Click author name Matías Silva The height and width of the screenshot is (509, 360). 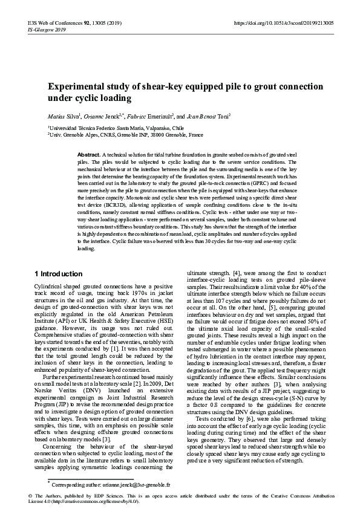[x=64, y=116]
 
